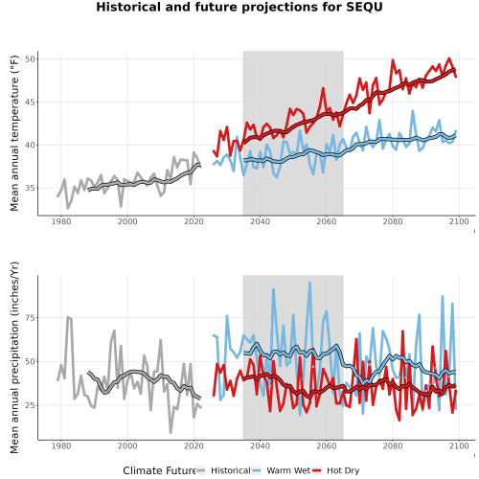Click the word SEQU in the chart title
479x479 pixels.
click(x=364, y=7)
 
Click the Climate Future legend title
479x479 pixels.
click(x=159, y=470)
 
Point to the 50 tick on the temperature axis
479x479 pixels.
click(x=30, y=59)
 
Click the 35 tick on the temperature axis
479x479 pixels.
click(x=30, y=188)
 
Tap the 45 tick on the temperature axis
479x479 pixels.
click(x=30, y=103)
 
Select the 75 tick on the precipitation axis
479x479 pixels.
click(x=30, y=318)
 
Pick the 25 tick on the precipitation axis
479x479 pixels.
click(x=30, y=405)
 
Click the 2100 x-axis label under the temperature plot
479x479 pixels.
click(x=459, y=221)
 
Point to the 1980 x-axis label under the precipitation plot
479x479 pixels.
click(x=61, y=445)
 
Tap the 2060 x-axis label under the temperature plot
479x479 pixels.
click(x=327, y=221)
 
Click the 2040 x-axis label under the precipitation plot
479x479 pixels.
click(x=260, y=445)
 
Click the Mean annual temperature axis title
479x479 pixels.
click(x=14, y=133)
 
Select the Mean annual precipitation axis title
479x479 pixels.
click(x=14, y=357)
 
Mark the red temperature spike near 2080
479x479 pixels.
click(x=393, y=59)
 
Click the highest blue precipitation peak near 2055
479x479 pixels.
click(x=309, y=283)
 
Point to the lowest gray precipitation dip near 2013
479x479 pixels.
click(x=171, y=432)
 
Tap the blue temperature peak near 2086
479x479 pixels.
click(x=413, y=111)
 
